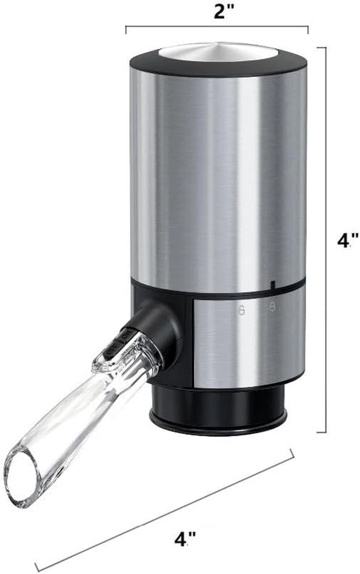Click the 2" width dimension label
pyautogui.click(x=224, y=13)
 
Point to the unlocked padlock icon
pyautogui.click(x=242, y=310)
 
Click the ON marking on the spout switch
pyautogui.click(x=124, y=335)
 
